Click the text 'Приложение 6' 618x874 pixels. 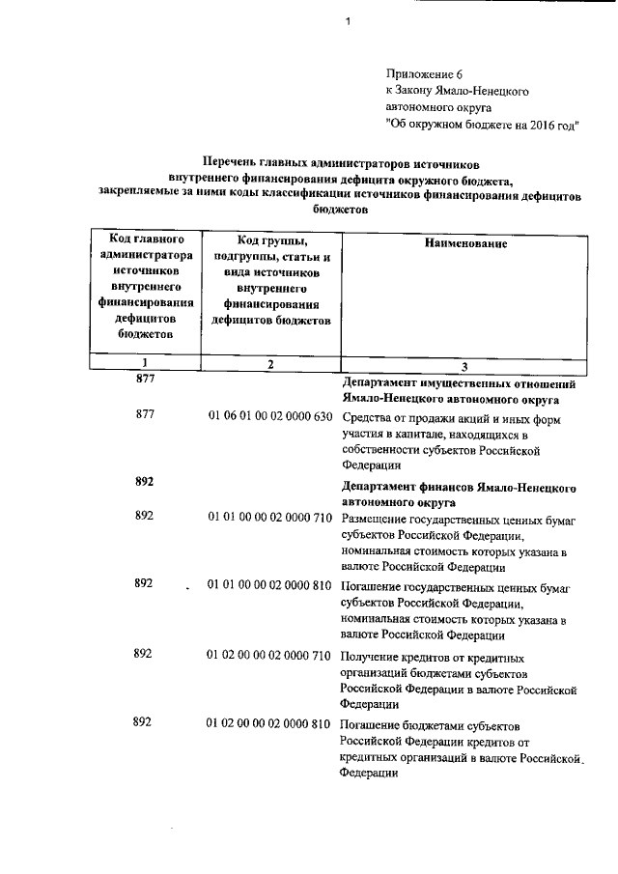417,72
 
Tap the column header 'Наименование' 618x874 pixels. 464,244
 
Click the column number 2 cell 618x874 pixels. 270,364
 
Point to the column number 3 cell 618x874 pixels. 464,366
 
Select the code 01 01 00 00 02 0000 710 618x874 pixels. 270,520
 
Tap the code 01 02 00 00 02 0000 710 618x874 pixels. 270,655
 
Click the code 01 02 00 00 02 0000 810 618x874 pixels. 270,723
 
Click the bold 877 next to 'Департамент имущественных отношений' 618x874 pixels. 145,381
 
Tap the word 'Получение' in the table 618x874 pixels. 371,656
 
